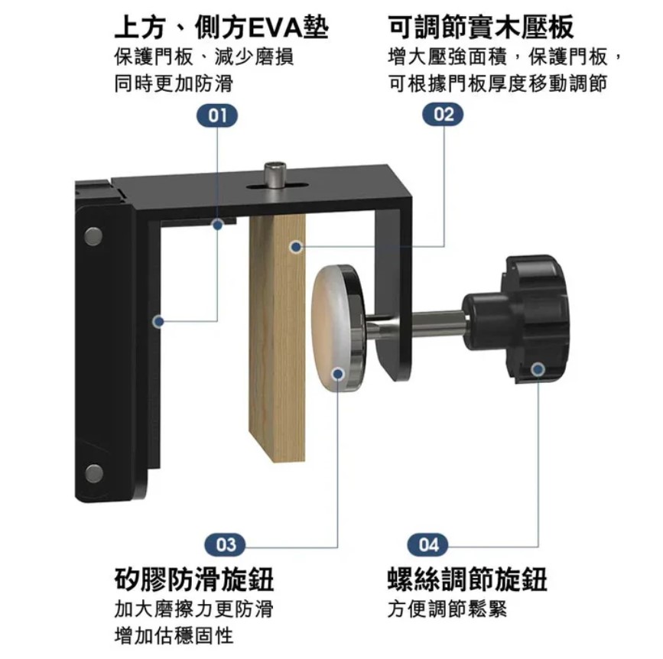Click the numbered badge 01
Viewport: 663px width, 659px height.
(217, 115)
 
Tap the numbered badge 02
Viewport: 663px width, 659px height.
(443, 115)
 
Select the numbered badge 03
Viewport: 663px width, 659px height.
(226, 544)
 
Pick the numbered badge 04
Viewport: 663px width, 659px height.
(428, 544)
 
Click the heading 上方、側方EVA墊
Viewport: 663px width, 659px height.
(222, 28)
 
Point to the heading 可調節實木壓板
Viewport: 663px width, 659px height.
(481, 27)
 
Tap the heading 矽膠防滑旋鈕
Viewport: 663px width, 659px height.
(194, 579)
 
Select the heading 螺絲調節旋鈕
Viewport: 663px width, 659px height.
(467, 579)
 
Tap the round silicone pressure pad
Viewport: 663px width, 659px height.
(337, 326)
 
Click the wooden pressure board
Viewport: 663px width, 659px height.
(278, 337)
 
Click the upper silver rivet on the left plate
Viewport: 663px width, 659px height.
(93, 237)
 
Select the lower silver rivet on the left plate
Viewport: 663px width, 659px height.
(93, 473)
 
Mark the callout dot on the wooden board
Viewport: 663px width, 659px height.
(297, 247)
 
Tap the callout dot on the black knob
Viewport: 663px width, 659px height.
(538, 370)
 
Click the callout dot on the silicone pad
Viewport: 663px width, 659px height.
(338, 374)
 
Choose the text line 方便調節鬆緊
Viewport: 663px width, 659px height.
(447, 609)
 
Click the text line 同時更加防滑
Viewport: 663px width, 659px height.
(174, 83)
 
